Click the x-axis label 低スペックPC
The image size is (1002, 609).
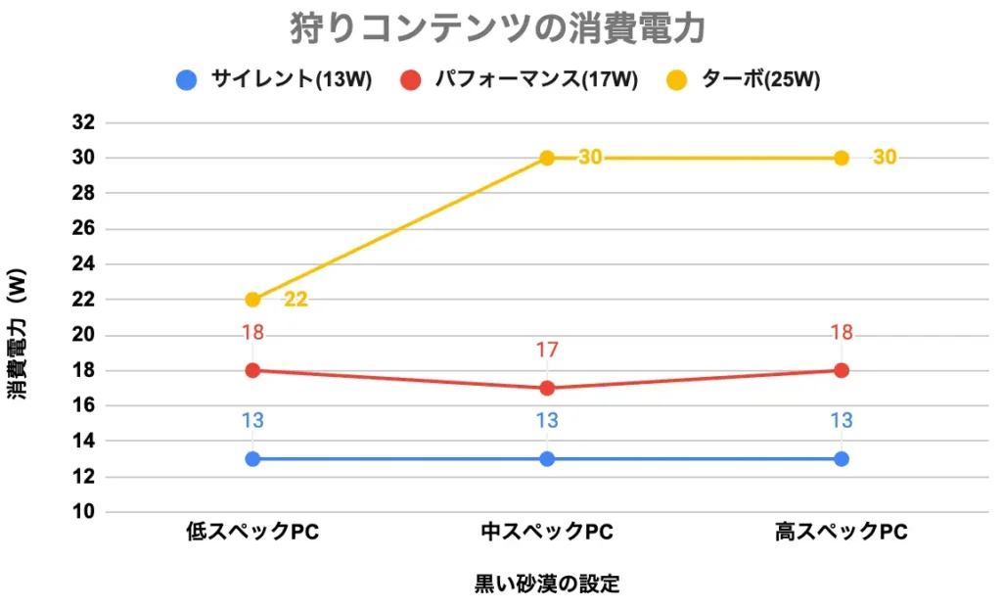(x=252, y=533)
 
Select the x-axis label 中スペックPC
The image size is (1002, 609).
(x=547, y=533)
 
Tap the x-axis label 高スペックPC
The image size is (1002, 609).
(x=842, y=533)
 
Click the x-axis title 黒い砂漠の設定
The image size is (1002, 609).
(x=547, y=585)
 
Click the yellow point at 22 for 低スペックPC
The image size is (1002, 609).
(x=252, y=300)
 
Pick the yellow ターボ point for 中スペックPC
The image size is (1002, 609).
(x=547, y=158)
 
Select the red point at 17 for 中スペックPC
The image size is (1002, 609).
(x=547, y=388)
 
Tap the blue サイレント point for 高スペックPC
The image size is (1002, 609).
(x=842, y=458)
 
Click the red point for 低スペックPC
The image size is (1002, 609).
(x=252, y=370)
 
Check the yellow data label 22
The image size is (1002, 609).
(x=296, y=300)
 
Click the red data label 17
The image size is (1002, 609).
(x=547, y=350)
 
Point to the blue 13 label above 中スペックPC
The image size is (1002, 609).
(x=547, y=421)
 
